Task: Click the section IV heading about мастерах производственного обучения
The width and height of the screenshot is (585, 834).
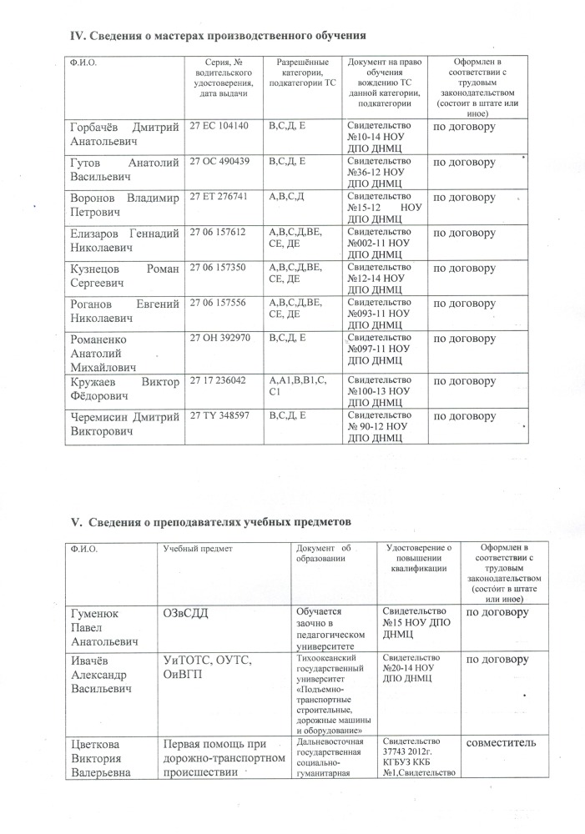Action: click(x=219, y=36)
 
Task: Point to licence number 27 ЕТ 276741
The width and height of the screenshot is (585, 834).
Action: click(x=220, y=198)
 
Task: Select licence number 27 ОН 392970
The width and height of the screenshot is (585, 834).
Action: click(x=220, y=340)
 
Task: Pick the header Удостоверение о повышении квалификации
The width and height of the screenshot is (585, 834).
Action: click(x=420, y=558)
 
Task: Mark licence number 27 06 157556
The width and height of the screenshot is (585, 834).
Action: click(x=218, y=304)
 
